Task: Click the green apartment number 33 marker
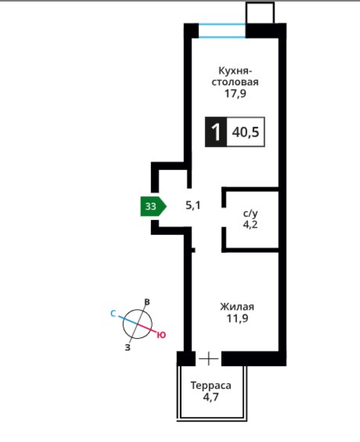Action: tap(153, 207)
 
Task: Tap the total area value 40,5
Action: tap(245, 132)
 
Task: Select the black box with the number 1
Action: tap(216, 131)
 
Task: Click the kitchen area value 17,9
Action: tap(235, 93)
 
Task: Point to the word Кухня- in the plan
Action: tap(235, 70)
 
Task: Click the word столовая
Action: tap(235, 82)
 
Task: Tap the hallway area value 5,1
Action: tap(193, 205)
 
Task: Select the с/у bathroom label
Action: tap(250, 214)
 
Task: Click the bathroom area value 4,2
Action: tap(250, 225)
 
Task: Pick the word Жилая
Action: tap(237, 307)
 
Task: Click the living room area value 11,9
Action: tap(237, 318)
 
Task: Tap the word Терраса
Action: tap(211, 386)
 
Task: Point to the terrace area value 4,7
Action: tap(211, 397)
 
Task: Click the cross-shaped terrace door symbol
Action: tap(209, 358)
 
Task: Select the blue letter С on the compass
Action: tap(113, 314)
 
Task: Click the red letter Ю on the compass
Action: tap(161, 335)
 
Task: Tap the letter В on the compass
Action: tap(147, 302)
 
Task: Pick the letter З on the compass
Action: tap(128, 347)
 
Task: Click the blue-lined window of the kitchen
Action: tap(221, 31)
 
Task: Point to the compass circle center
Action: tap(137, 324)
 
